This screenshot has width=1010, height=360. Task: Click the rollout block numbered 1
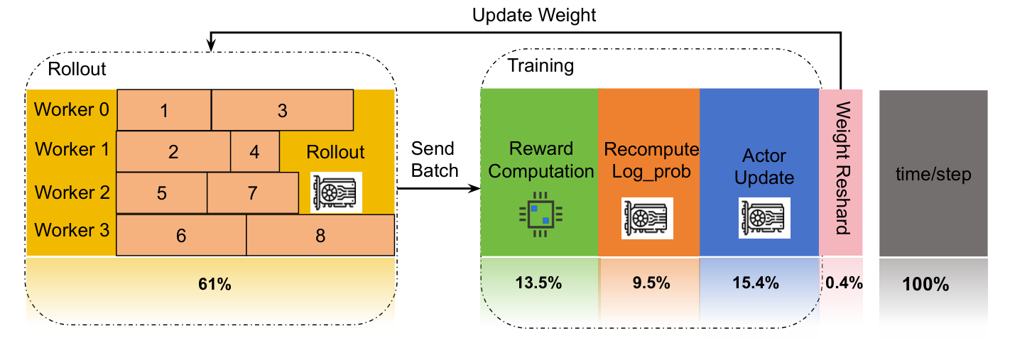point(164,111)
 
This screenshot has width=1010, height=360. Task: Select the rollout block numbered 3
point(282,111)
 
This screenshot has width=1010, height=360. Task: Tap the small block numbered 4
point(255,152)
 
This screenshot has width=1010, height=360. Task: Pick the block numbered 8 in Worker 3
point(320,236)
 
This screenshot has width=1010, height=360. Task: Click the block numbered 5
point(162,193)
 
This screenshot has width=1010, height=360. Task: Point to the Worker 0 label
point(71,110)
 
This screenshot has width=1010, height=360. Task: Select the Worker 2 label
point(71,192)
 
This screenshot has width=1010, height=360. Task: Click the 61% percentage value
point(215,285)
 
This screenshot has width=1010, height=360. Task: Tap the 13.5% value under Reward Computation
point(538,283)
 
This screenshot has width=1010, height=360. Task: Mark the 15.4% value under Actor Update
point(756,283)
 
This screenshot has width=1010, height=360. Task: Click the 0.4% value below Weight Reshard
point(845,283)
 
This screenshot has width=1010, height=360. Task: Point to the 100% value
point(925,285)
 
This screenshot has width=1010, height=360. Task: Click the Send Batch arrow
point(435,190)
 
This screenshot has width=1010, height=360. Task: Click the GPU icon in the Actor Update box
point(766,217)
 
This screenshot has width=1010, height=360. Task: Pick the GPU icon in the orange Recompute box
point(648,217)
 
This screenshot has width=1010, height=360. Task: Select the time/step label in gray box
point(933,175)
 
